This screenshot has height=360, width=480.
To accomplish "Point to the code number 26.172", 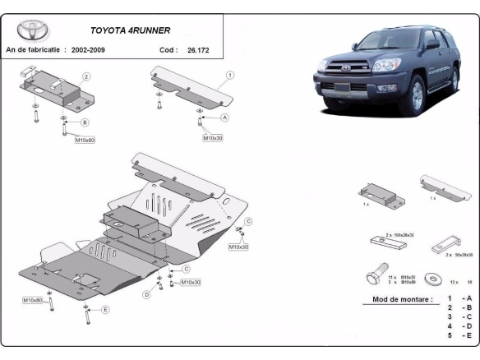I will [x=197, y=50].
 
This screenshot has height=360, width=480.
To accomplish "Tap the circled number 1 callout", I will [x=230, y=75].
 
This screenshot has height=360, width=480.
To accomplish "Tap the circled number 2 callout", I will [x=85, y=76].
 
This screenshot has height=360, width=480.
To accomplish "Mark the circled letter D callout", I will [x=147, y=293].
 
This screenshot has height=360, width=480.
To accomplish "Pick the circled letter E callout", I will [x=106, y=310].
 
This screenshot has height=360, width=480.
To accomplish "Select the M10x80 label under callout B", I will [x=85, y=141].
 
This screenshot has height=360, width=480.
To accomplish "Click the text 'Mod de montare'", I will [x=402, y=300].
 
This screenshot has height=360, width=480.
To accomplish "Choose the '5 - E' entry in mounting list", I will [x=458, y=336].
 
